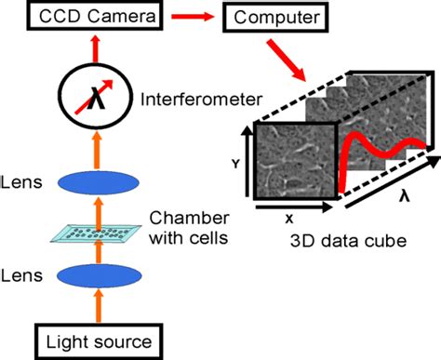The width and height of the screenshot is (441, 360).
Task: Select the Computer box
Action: tap(273, 16)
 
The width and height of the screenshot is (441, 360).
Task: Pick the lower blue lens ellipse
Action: tap(95, 276)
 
